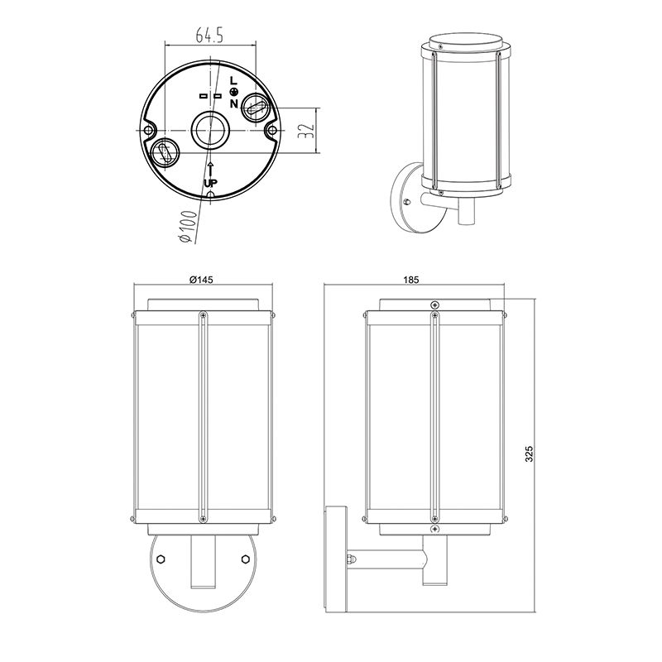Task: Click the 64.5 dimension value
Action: [209, 35]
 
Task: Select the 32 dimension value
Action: [306, 131]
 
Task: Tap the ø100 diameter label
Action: [189, 227]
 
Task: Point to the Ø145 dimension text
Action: [201, 280]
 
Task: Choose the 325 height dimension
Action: [530, 453]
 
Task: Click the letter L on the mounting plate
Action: [233, 80]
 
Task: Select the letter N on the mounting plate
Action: [234, 103]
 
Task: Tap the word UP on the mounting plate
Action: [211, 183]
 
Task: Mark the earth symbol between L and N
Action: [233, 92]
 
